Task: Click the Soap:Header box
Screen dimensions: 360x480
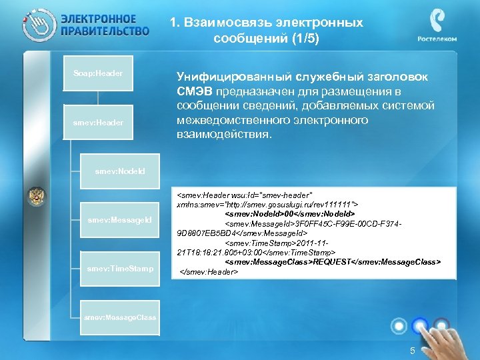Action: [99, 73]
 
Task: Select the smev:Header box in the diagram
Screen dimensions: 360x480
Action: [99, 123]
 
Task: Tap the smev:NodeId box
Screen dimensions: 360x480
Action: [120, 171]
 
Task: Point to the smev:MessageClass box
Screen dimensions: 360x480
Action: [121, 317]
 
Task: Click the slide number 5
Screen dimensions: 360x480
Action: [413, 351]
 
